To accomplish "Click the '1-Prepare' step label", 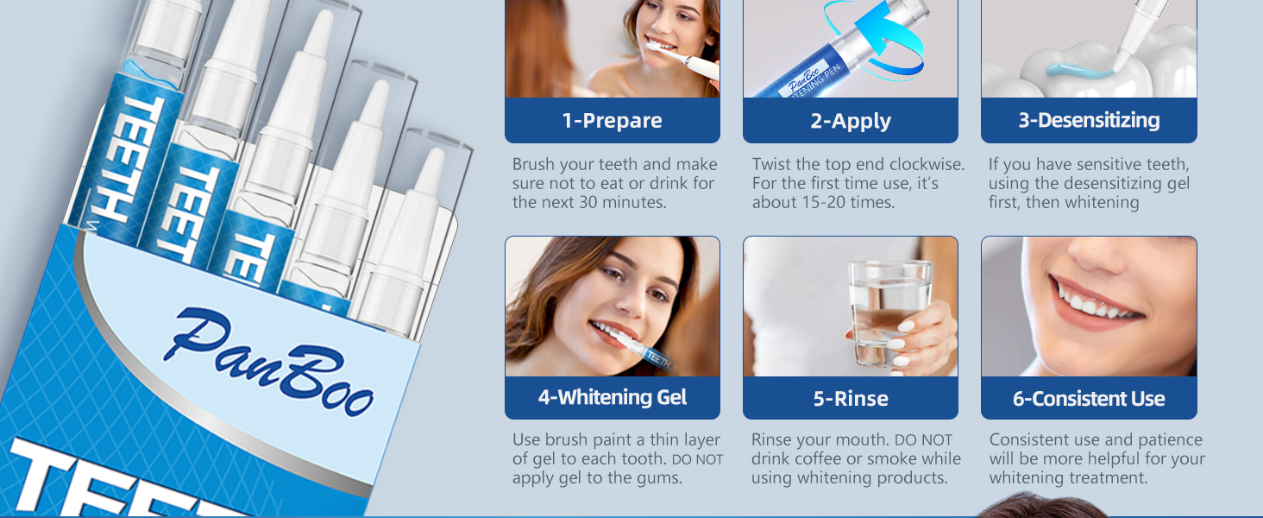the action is [613, 121].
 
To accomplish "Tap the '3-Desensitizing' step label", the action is [1089, 120].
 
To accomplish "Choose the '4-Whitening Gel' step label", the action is [613, 397].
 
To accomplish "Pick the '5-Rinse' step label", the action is [851, 399].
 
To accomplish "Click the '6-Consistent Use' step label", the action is [1089, 399].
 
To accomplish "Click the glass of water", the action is [890, 314].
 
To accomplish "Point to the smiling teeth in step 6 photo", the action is [1091, 302].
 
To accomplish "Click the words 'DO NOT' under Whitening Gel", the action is [697, 460].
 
